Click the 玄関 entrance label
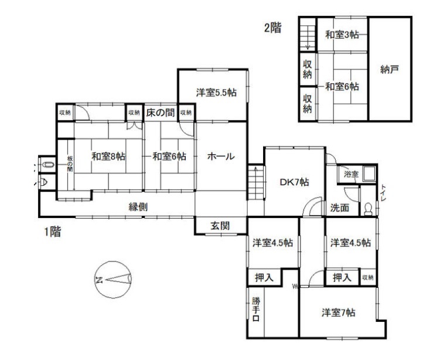coord(220,226)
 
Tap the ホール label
coord(221,157)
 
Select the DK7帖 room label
coord(294,182)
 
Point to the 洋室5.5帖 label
coord(216,93)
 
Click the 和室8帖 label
coord(108,157)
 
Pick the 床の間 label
coord(160,113)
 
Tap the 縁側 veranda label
coord(138,207)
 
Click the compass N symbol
coord(99,280)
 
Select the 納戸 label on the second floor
coord(390,69)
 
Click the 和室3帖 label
coord(342,35)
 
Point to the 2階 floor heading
coord(273,28)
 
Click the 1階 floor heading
coord(52,232)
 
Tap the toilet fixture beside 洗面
coord(368,209)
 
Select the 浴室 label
coord(351,174)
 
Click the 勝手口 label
coord(255,309)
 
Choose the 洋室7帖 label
coord(339,313)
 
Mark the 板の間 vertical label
coord(70,164)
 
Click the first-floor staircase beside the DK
coord(255,182)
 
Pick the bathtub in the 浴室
coord(369,174)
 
